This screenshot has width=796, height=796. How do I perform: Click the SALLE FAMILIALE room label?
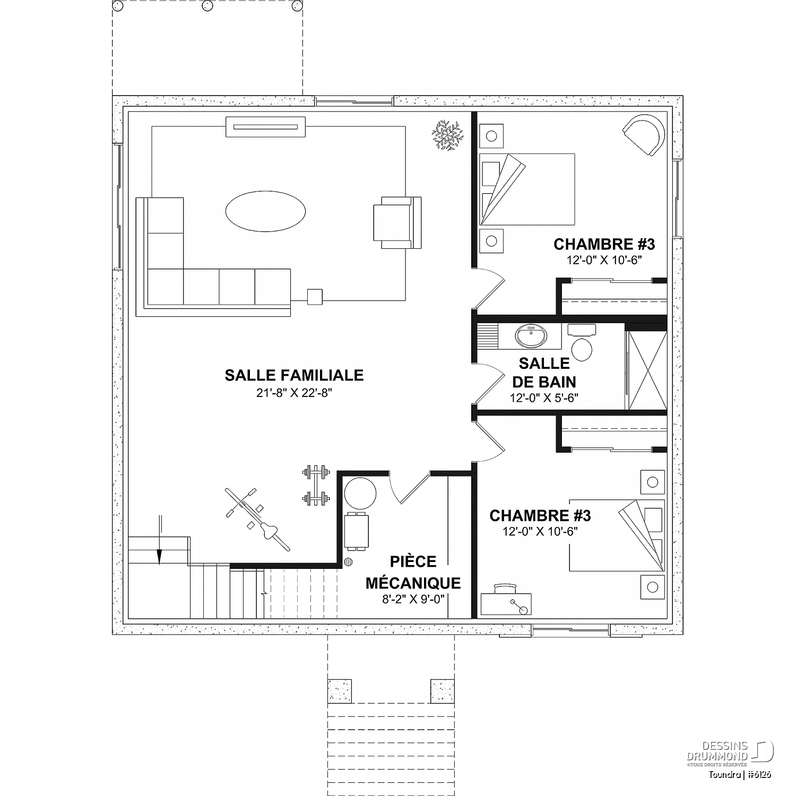(294, 375)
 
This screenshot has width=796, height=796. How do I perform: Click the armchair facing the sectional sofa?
(397, 222)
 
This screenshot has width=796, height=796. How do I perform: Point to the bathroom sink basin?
(530, 336)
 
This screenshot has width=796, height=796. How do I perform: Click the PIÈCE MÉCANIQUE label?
(413, 572)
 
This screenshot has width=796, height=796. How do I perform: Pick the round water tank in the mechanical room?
(360, 494)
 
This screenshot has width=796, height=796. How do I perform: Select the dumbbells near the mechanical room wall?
(316, 484)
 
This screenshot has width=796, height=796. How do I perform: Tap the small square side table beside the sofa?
(315, 297)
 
